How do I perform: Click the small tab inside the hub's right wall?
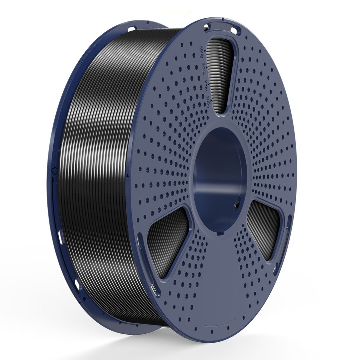(237, 205)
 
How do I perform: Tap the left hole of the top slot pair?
(207, 26)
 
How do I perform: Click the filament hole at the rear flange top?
(132, 28)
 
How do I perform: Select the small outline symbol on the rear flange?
(54, 169)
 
